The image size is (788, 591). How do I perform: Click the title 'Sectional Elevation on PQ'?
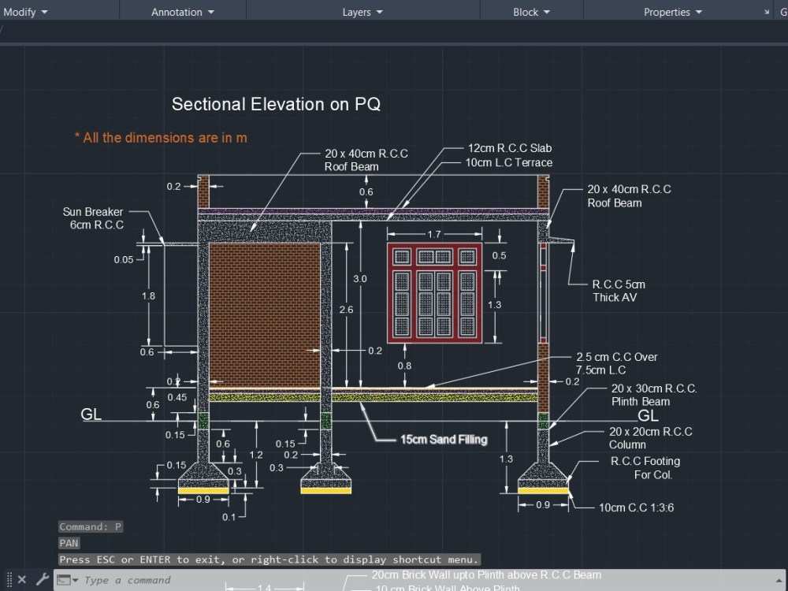point(276,104)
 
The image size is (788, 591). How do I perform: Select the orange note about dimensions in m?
point(161,138)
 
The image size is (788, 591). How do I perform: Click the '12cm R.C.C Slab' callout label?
point(509,148)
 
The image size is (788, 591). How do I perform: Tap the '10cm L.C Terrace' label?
point(508,162)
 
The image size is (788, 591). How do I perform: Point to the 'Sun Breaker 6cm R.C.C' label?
point(94,218)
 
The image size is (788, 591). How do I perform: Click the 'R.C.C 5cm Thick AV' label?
point(618,291)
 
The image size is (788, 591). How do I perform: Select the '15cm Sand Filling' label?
point(443,440)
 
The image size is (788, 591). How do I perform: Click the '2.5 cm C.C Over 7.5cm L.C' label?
point(616,363)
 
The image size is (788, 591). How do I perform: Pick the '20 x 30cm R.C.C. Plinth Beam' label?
point(653,395)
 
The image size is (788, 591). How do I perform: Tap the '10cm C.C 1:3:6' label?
point(636,507)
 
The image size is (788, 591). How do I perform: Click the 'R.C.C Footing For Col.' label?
point(645,468)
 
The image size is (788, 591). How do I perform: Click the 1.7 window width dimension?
point(434,235)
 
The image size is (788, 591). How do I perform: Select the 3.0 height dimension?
point(359,279)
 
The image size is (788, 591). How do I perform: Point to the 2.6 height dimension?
point(346,310)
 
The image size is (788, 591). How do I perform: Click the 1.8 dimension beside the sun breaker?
point(147,295)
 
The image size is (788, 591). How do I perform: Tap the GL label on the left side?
point(91,414)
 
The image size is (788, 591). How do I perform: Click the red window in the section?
point(434,294)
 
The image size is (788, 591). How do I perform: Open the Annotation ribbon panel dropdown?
point(182,12)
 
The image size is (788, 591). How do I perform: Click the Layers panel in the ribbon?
point(362,12)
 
